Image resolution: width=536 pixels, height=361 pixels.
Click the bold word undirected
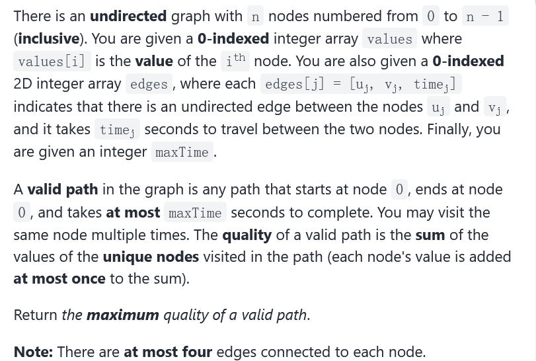(x=128, y=16)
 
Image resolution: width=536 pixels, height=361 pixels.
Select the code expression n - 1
(x=484, y=17)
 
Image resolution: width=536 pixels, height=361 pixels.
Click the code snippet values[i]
(x=52, y=61)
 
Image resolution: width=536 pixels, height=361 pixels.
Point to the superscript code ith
(x=235, y=60)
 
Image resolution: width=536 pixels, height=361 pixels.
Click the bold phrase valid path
(x=63, y=190)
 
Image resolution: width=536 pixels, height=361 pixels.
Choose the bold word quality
(x=247, y=235)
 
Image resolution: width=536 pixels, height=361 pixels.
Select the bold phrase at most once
(x=59, y=278)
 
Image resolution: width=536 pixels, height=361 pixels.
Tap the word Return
(x=36, y=315)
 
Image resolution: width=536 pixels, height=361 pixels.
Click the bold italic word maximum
(x=122, y=315)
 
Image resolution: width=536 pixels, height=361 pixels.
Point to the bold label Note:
(x=33, y=351)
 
